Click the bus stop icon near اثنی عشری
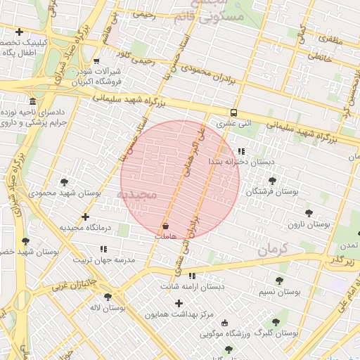coord(233,112)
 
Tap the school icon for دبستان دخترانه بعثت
coord(241,151)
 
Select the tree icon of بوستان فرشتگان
coord(272,181)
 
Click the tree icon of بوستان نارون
coord(308,213)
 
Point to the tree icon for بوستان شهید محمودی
coord(65,182)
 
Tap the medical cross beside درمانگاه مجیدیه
coord(86,217)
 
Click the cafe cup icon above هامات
coord(166,226)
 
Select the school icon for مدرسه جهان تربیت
coord(104,249)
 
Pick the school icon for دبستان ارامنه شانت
coord(191,276)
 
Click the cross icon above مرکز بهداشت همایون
coord(179,304)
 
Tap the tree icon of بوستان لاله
coord(108,297)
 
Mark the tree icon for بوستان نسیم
coord(279,281)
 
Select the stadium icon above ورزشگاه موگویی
coord(224,323)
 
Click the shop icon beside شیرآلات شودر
coord(96,61)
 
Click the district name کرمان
coord(274,249)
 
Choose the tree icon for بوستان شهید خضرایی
coord(25,241)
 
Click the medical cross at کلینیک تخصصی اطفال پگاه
coord(19,32)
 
